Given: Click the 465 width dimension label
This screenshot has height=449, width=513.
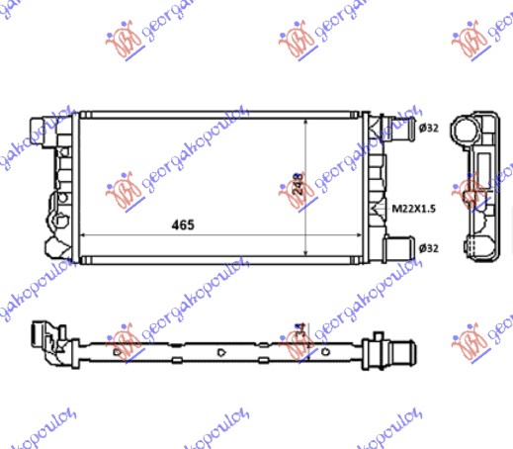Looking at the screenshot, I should [x=181, y=224].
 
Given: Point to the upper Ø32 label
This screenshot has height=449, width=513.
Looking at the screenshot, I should [x=428, y=128].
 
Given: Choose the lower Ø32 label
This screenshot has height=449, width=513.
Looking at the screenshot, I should [x=428, y=247].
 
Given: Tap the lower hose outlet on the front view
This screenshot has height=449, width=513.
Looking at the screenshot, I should [x=398, y=246].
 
